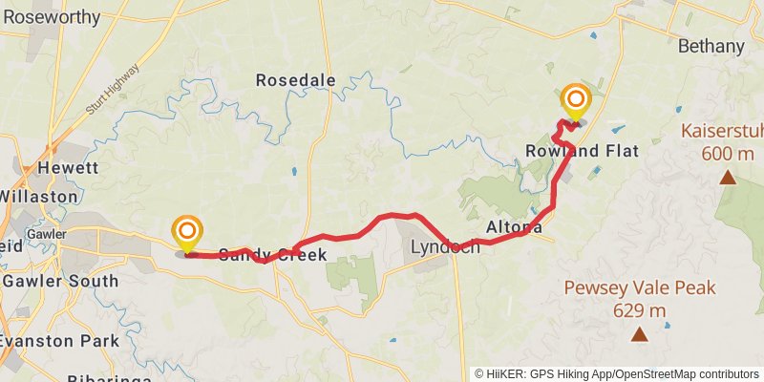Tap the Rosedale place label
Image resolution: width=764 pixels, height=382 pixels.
click(x=295, y=81)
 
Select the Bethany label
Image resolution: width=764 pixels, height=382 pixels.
click(x=710, y=46)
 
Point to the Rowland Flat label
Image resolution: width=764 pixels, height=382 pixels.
click(x=582, y=151)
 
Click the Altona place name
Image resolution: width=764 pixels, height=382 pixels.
click(x=515, y=227)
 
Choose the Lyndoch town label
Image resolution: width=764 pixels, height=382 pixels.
click(x=445, y=247)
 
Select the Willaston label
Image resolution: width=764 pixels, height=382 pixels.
click(x=38, y=196)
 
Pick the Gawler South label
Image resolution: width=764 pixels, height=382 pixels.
click(x=60, y=281)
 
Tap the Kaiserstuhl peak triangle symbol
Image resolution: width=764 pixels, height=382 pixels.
click(x=728, y=177)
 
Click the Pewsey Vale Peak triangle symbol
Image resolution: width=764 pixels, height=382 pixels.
click(x=639, y=333)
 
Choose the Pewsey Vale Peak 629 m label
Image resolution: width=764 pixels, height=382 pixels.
click(x=639, y=298)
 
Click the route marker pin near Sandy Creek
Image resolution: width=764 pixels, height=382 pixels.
click(x=187, y=232)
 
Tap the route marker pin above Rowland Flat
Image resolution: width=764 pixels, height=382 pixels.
click(x=576, y=100)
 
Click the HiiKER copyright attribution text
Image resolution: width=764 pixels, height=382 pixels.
click(x=617, y=373)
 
